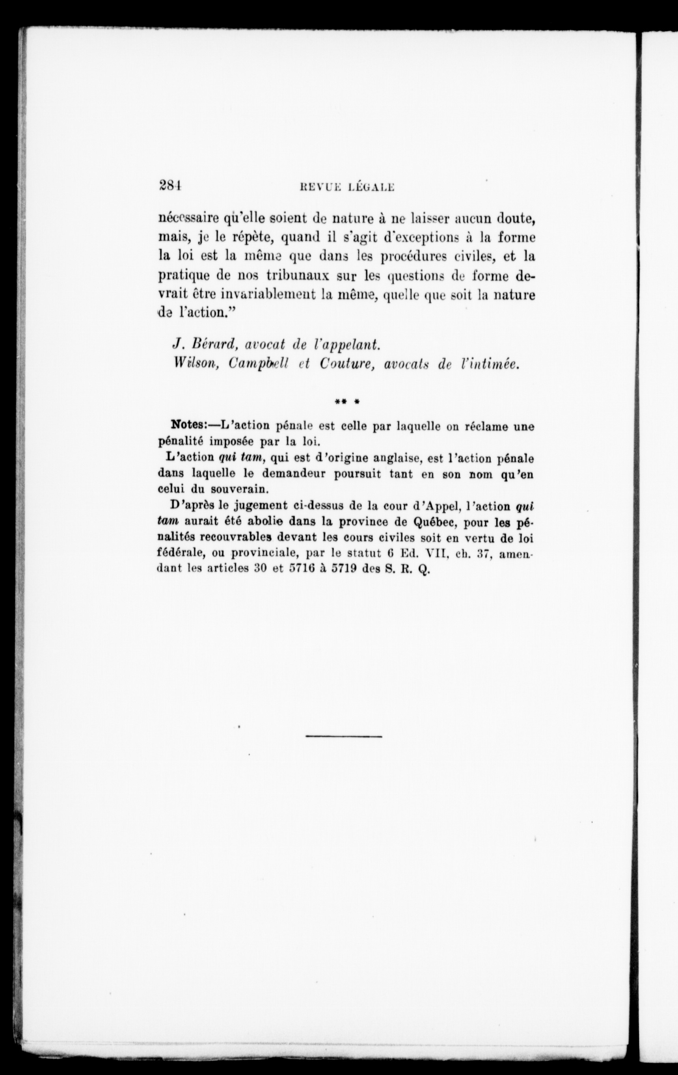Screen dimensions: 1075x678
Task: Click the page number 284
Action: coord(169,185)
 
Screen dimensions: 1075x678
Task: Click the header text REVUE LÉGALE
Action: coord(342,187)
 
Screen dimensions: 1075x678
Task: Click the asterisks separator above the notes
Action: coord(347,402)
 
